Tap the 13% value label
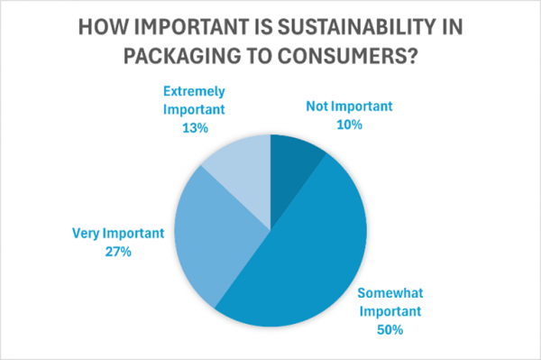(x=193, y=128)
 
